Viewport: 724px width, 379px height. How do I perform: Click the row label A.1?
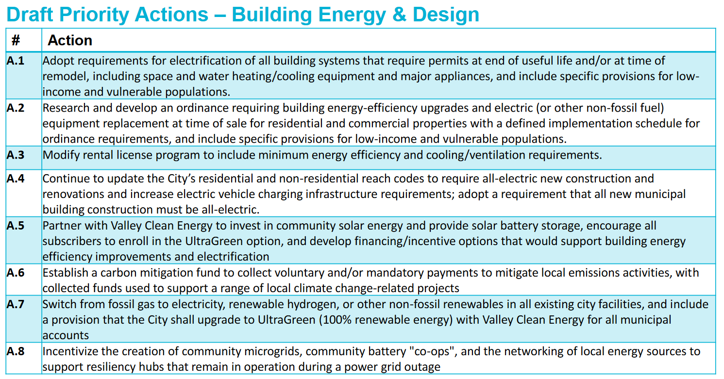(x=16, y=61)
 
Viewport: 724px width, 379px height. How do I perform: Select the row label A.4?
(x=16, y=179)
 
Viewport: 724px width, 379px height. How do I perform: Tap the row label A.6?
(x=16, y=273)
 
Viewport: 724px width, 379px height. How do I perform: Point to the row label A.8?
(x=16, y=351)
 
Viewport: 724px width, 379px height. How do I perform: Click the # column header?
(x=16, y=40)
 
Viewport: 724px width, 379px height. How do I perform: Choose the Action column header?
(x=70, y=40)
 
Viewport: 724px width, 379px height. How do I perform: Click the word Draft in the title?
(x=30, y=15)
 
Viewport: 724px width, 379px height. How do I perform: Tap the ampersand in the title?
(x=399, y=15)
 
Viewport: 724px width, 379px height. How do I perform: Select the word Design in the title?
(x=446, y=15)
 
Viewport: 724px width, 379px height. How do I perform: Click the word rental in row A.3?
(x=98, y=155)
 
